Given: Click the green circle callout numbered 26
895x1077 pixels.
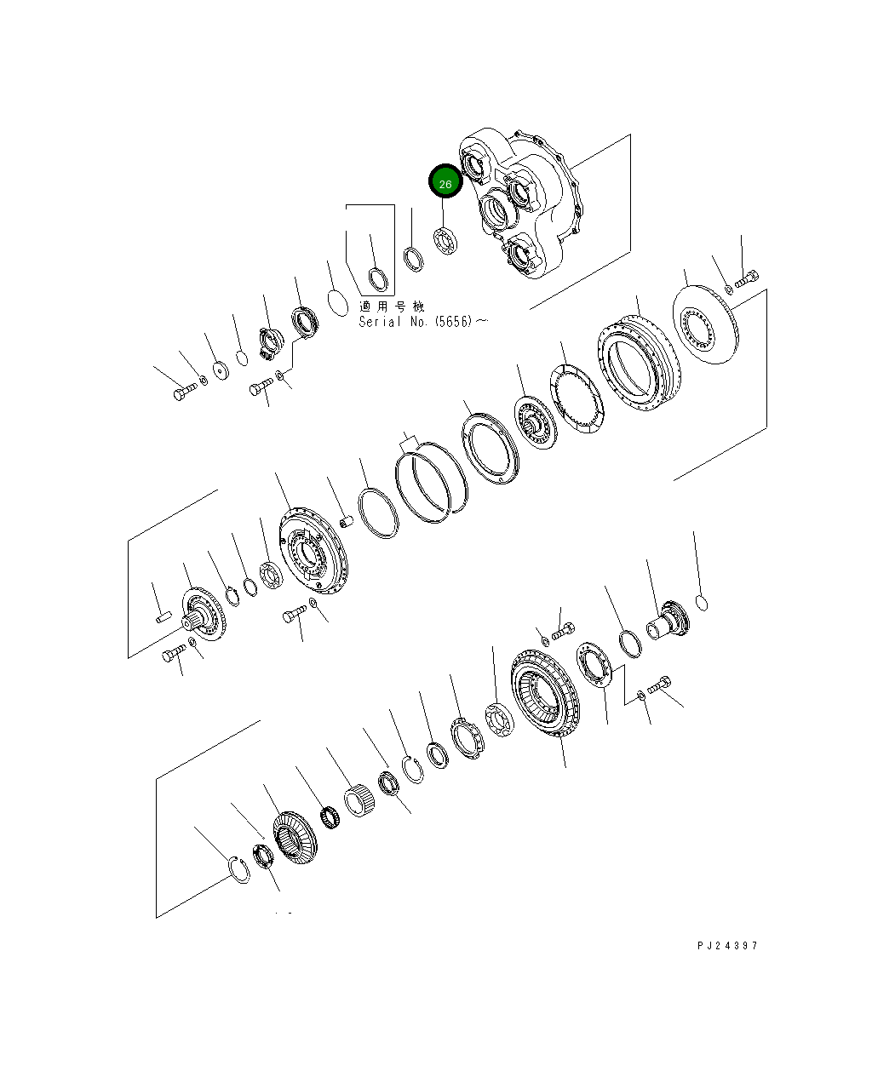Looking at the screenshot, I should tap(445, 182).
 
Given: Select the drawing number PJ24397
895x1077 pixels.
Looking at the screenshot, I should tap(726, 945).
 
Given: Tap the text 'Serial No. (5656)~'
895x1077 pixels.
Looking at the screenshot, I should tap(423, 322).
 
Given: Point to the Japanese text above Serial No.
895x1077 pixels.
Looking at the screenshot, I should tap(391, 306).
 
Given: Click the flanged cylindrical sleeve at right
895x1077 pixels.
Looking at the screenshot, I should tap(668, 621).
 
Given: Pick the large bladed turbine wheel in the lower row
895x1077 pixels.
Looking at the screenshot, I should tap(545, 690).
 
